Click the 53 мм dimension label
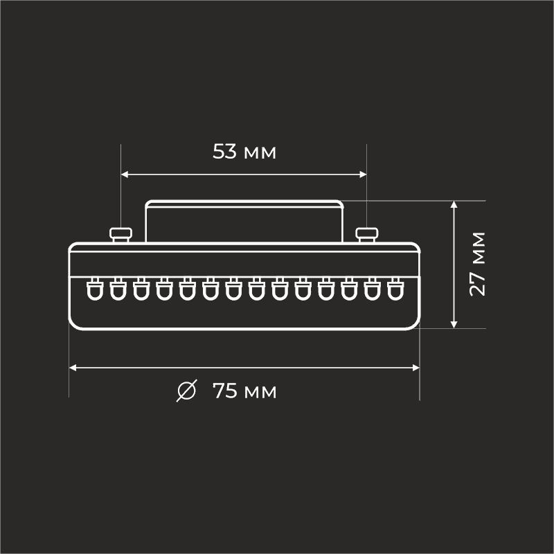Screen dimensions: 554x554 point(244,152)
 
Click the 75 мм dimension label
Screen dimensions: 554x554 point(244,391)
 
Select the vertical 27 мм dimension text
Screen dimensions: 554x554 point(477,264)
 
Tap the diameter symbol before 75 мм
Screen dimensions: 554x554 point(186,391)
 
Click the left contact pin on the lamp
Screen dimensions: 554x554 point(122,234)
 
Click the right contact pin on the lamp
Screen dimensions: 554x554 point(366,234)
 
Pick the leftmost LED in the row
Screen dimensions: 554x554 point(94,289)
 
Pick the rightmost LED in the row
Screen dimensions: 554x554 point(395,289)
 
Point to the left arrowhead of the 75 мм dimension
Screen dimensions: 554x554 point(73,368)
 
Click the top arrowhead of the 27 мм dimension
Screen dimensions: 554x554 point(454,205)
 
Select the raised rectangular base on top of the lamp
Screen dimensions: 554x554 point(244,222)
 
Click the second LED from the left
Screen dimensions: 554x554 point(117,289)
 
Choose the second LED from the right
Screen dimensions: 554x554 point(372,289)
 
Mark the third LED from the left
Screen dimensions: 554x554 point(141,289)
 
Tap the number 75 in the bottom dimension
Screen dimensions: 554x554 point(226,391)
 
